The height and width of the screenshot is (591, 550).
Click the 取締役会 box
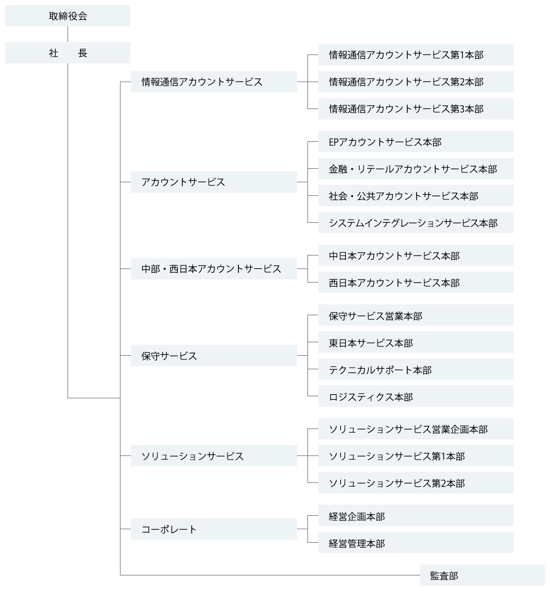click(x=68, y=16)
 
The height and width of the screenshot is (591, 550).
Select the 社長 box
click(x=68, y=53)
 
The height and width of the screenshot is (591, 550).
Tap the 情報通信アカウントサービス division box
click(x=214, y=82)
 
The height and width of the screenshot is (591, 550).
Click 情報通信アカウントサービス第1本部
click(x=416, y=55)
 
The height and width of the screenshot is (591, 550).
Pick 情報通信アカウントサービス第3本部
click(x=416, y=109)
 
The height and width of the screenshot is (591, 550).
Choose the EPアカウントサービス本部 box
click(x=416, y=142)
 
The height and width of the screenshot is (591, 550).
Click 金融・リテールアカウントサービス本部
click(x=416, y=169)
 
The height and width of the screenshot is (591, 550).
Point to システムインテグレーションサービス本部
click(x=416, y=223)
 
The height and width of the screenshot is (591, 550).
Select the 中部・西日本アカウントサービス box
click(x=214, y=268)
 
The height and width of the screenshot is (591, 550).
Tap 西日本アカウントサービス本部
click(x=416, y=283)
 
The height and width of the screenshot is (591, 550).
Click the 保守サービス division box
click(x=214, y=355)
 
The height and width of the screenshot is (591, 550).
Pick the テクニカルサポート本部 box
click(x=416, y=369)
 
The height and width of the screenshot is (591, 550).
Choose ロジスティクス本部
click(x=416, y=396)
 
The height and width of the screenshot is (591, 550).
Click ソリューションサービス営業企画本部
click(x=416, y=429)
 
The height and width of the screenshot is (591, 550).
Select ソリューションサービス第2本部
click(x=416, y=483)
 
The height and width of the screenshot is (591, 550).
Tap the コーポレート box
click(x=214, y=529)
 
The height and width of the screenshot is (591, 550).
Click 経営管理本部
click(x=416, y=543)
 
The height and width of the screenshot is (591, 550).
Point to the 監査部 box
click(x=482, y=575)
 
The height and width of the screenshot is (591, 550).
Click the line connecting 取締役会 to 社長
click(x=68, y=34)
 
